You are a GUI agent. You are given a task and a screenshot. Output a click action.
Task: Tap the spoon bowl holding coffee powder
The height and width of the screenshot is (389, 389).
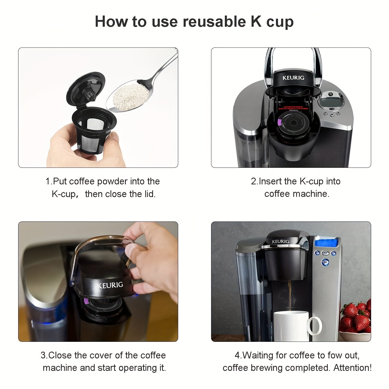click(128, 95)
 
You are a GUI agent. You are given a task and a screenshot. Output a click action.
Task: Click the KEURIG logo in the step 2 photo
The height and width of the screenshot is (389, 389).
click(293, 78)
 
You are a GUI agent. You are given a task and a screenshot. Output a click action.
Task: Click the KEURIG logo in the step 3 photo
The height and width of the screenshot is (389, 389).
click(110, 285)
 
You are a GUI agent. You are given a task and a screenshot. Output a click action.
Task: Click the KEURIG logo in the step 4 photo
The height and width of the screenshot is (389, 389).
click(280, 241)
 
